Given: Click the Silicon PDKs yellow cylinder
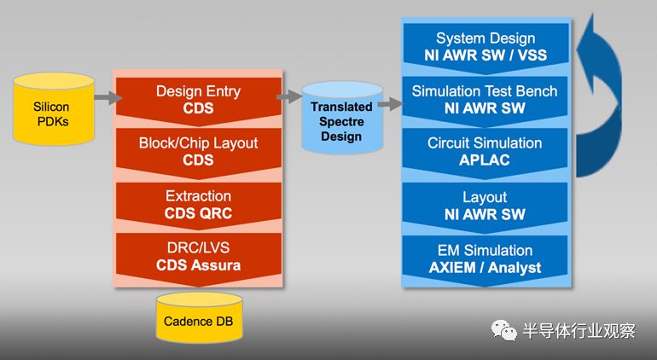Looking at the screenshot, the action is (54, 109).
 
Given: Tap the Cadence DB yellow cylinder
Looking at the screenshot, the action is (199, 317).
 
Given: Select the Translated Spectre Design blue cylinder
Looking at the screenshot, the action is (342, 118).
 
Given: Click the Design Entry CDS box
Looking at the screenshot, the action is (199, 101).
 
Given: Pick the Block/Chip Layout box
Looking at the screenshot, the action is (199, 153).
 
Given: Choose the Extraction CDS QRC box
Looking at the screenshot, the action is (199, 206).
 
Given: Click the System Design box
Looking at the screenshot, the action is (485, 48).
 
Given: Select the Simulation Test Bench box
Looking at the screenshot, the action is (485, 101).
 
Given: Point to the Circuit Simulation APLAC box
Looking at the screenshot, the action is (485, 153).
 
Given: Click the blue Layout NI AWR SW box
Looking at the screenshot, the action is (485, 206).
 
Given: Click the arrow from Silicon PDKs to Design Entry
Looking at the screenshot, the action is (108, 97).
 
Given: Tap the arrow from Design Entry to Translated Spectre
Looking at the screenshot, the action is (289, 96).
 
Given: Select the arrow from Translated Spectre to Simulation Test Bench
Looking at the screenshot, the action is (390, 103).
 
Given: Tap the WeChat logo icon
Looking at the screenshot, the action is (504, 331).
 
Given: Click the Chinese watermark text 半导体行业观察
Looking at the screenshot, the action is (579, 331).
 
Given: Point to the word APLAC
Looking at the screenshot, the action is (485, 160).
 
